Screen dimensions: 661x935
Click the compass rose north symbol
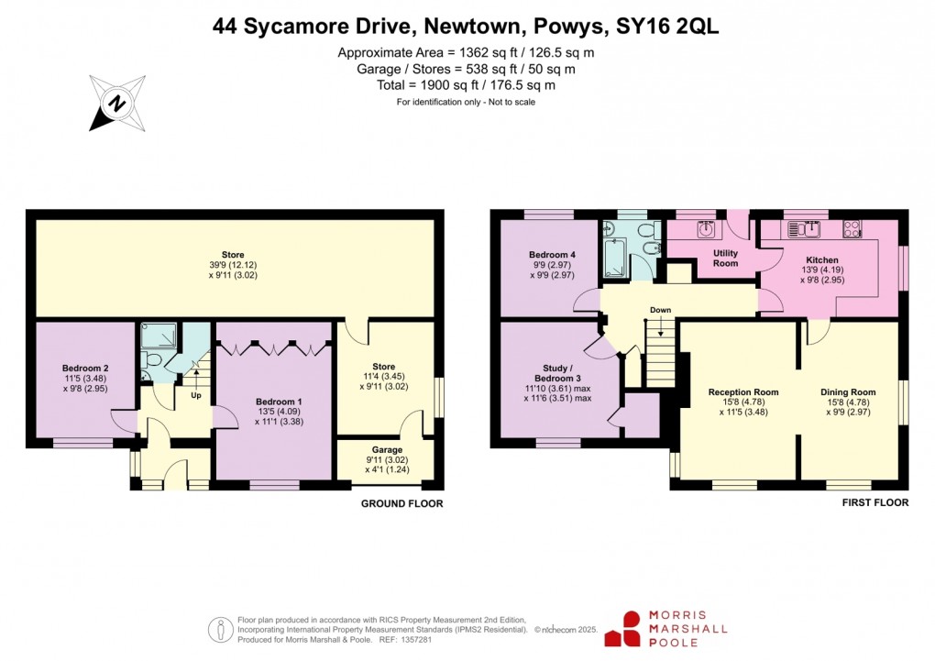[116, 103]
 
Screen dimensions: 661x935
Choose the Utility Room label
[726, 258]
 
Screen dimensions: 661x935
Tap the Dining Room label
[848, 391]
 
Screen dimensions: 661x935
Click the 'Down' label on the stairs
[660, 310]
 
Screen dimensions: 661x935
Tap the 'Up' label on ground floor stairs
[195, 395]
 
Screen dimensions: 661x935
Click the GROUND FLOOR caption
[401, 503]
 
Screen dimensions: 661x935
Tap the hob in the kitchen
[852, 228]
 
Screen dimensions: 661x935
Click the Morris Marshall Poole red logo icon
[632, 629]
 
